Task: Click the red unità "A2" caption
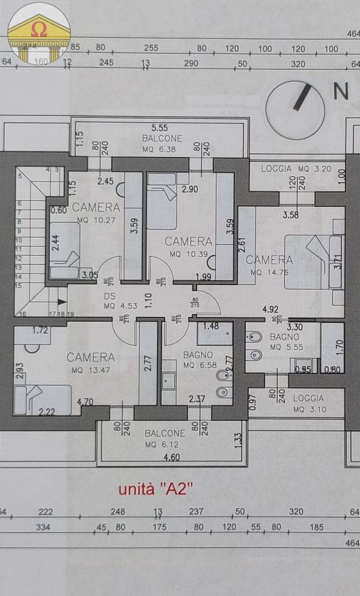pyautogui.click(x=154, y=488)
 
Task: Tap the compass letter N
pyautogui.click(x=341, y=91)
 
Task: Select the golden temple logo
pyautogui.click(x=39, y=33)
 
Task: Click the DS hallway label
pyautogui.click(x=109, y=301)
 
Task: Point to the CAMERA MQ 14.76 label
pyautogui.click(x=269, y=265)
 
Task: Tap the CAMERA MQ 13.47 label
pyautogui.click(x=91, y=363)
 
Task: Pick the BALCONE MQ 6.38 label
pyautogui.click(x=158, y=143)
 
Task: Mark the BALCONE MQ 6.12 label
pyautogui.click(x=165, y=438)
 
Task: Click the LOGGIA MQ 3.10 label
pyautogui.click(x=308, y=404)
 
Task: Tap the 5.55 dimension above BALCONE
pyautogui.click(x=159, y=127)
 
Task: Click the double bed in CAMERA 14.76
pyautogui.click(x=313, y=261)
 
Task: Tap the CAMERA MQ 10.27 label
pyautogui.click(x=96, y=213)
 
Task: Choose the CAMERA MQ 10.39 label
pyautogui.click(x=188, y=247)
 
